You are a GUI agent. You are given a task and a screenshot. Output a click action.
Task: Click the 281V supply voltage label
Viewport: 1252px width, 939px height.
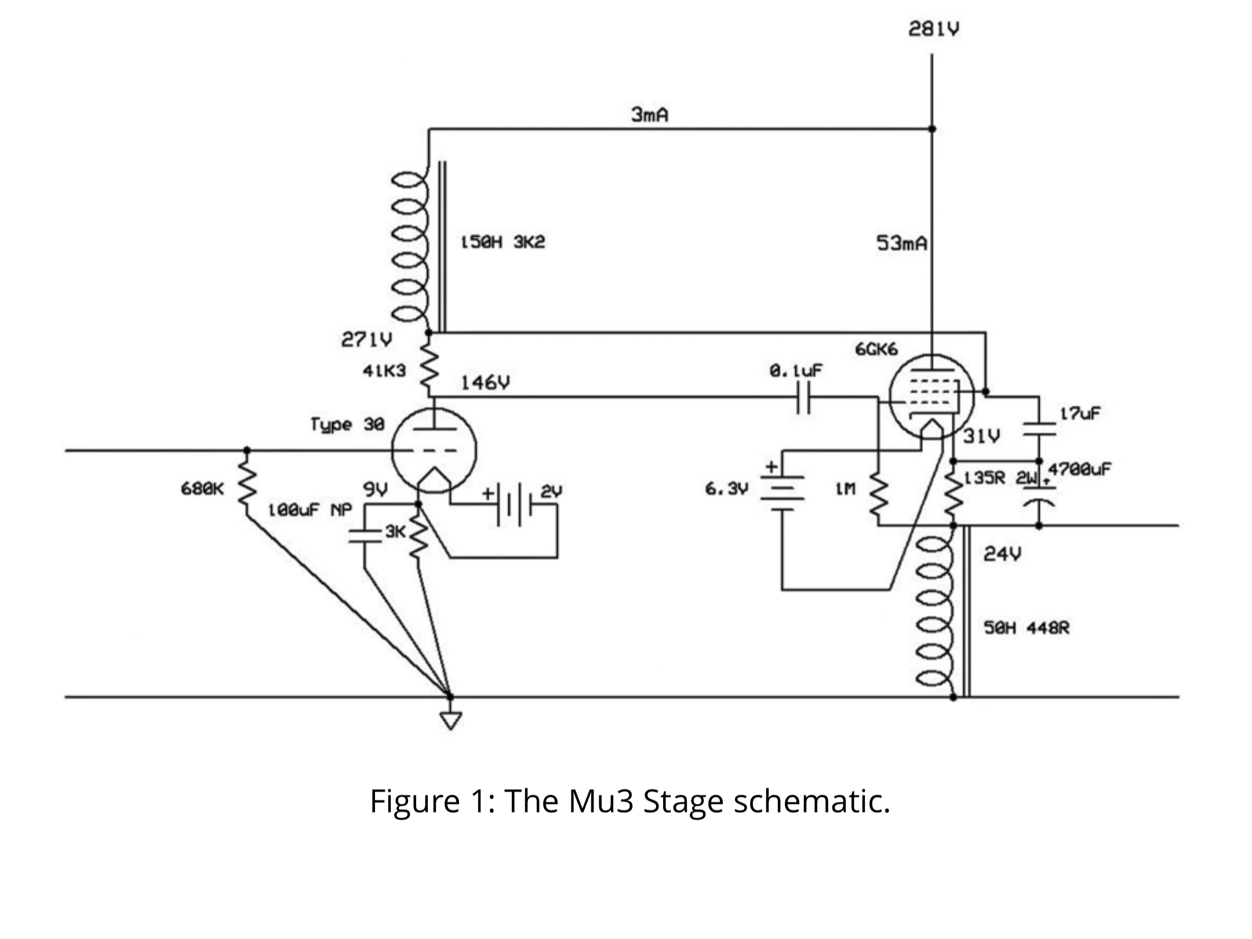[x=933, y=29]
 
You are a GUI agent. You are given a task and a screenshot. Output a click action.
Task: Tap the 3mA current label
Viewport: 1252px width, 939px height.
[x=649, y=115]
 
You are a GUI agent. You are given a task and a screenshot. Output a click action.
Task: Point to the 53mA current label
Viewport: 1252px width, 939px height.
[x=901, y=243]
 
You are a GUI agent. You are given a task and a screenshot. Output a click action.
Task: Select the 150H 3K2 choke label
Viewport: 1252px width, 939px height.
[x=503, y=242]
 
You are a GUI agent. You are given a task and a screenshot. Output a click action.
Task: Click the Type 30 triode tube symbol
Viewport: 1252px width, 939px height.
[x=434, y=450]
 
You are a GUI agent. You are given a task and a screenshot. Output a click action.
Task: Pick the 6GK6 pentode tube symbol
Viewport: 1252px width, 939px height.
[x=931, y=396]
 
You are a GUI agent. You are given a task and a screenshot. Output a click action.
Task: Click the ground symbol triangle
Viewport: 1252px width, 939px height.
[x=450, y=720]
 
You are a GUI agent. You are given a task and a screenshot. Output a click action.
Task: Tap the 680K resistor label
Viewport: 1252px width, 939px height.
[x=202, y=489]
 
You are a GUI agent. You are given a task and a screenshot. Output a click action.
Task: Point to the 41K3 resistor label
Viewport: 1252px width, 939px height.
[x=384, y=370]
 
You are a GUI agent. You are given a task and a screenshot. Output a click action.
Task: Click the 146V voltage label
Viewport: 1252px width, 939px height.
[x=485, y=383]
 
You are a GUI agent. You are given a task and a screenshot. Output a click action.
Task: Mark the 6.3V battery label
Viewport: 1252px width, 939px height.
[x=726, y=489]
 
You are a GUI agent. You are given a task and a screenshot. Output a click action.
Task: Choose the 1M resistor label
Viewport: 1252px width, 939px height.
[x=845, y=489]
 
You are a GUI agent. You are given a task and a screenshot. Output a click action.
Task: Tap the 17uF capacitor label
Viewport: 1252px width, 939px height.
[x=1080, y=414]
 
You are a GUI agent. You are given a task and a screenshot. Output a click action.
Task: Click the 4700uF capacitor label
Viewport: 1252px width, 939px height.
[x=1080, y=469]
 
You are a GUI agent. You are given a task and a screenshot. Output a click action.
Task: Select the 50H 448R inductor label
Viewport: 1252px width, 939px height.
[x=1027, y=628]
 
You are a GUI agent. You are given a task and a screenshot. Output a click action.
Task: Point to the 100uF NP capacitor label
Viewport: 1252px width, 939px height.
[x=310, y=510]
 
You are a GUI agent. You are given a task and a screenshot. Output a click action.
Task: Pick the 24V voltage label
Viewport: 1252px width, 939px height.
[x=1002, y=554]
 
